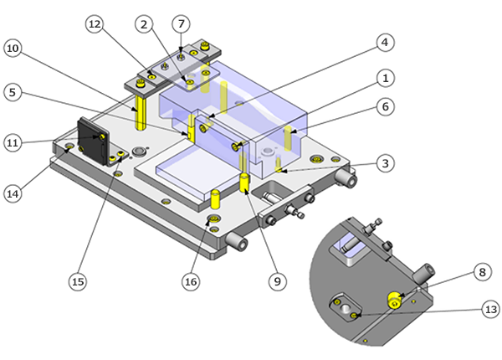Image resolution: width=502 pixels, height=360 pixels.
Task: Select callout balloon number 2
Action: pos(146,26)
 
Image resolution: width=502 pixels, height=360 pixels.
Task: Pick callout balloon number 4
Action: pos(384,40)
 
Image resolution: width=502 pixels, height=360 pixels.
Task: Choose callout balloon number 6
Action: pos(384,107)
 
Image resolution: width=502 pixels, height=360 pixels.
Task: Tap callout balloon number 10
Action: pos(13,48)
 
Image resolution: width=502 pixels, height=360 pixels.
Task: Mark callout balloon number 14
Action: pos(13,193)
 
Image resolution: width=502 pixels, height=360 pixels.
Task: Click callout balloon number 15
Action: pos(78,282)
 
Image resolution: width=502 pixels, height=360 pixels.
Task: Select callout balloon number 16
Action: pos(191,282)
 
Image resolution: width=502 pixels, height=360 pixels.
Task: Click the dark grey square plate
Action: pos(90,142)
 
